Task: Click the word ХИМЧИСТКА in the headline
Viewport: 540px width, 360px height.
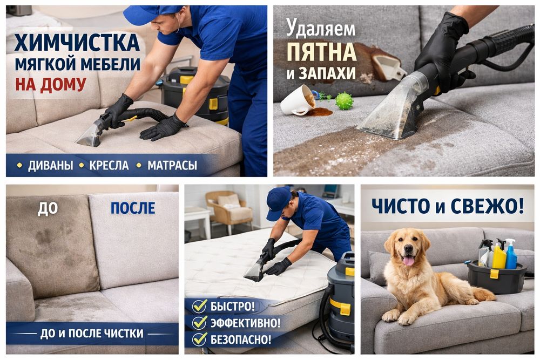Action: tap(77, 43)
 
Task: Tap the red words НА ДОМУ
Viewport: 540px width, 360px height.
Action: tap(51, 84)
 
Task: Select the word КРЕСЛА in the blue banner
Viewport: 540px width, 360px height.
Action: tap(109, 166)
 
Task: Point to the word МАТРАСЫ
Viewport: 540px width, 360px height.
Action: tap(172, 166)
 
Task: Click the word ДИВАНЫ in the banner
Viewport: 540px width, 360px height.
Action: tap(51, 166)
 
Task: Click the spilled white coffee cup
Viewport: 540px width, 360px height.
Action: tap(298, 100)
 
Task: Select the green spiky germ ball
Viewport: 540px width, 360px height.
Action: tap(345, 101)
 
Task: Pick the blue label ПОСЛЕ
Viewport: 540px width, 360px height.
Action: tap(133, 208)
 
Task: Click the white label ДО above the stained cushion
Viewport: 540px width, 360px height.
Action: tap(48, 208)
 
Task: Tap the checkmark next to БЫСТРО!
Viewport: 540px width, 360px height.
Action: tap(200, 305)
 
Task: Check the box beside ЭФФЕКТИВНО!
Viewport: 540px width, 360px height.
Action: tap(200, 322)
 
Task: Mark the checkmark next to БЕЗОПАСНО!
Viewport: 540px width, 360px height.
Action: tap(200, 339)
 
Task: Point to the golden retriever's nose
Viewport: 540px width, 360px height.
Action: tap(408, 249)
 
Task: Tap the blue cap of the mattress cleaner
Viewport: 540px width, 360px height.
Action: tap(279, 202)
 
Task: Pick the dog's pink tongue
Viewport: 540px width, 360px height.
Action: tap(409, 261)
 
